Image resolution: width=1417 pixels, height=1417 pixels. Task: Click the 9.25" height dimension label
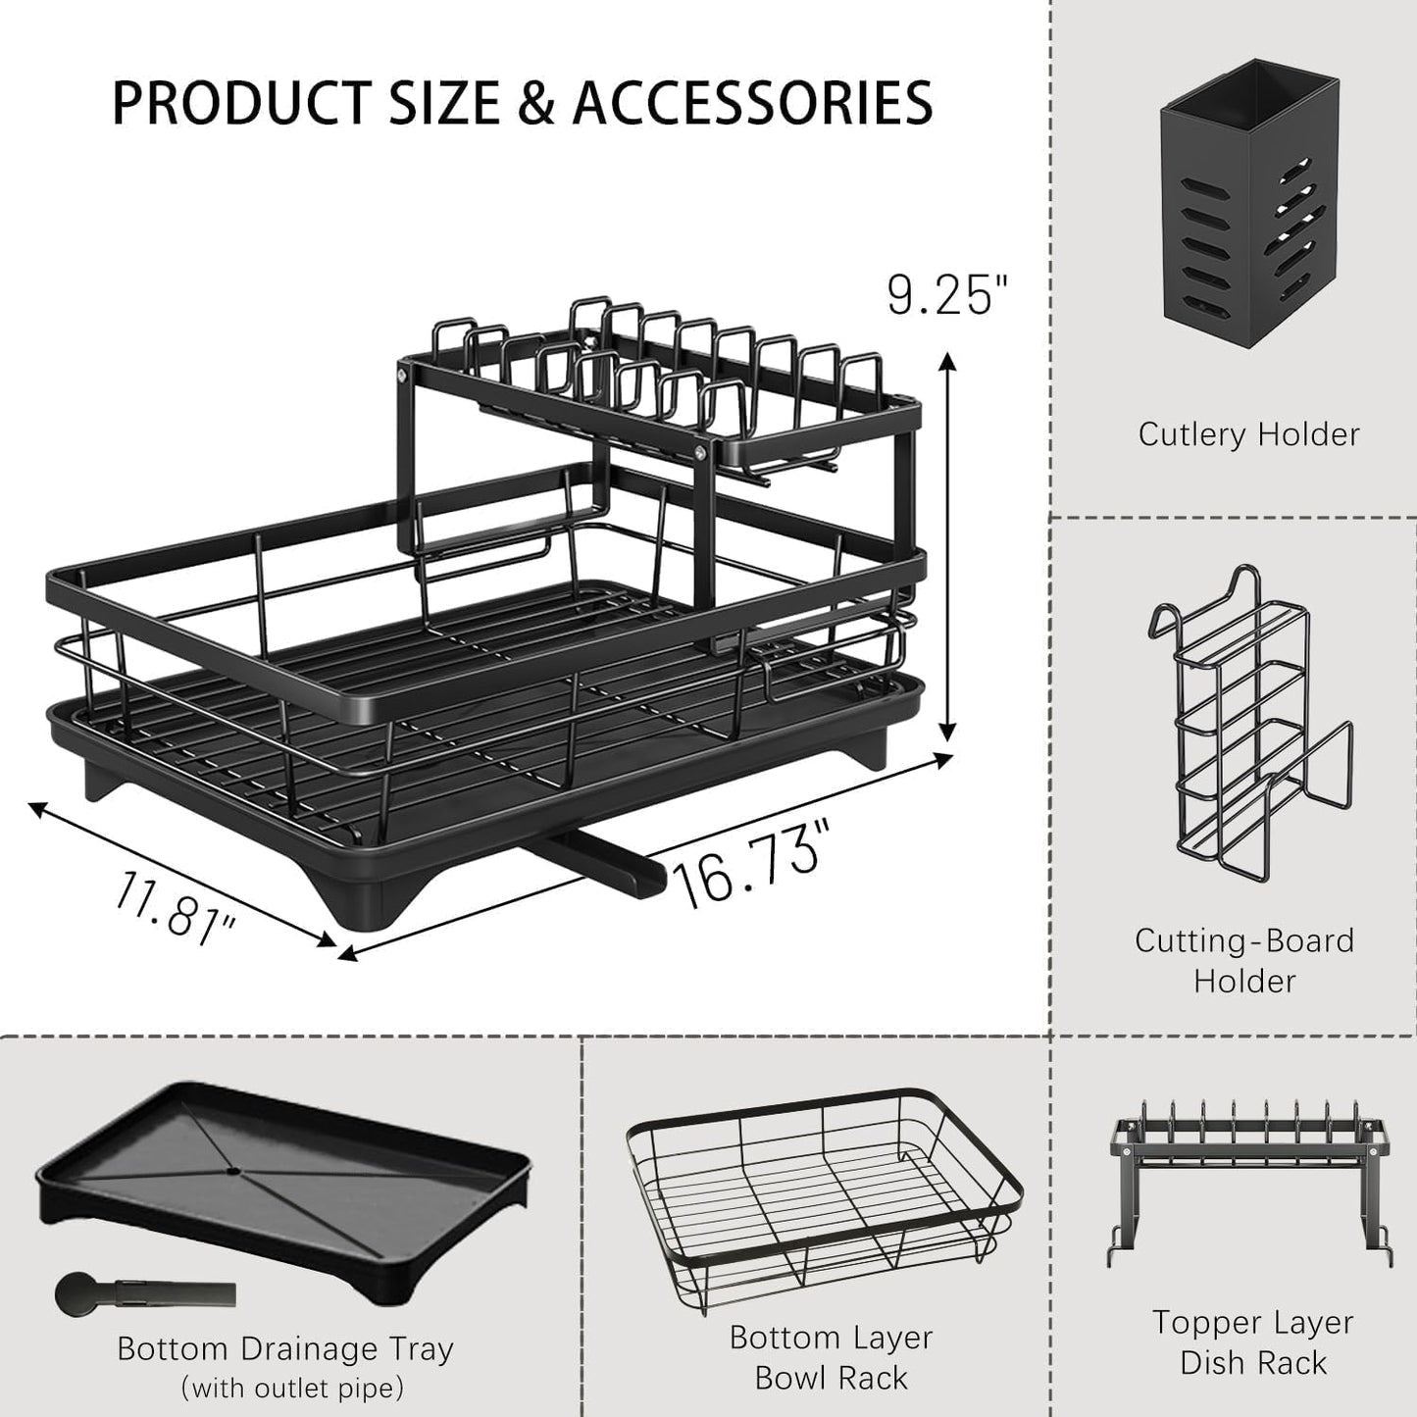point(945,295)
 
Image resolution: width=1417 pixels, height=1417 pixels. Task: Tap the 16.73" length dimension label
point(748,865)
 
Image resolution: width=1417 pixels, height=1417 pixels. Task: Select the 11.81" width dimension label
point(175,909)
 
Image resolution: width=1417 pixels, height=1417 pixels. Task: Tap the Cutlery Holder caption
point(1248,433)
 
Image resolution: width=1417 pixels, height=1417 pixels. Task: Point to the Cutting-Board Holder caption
point(1244,960)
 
